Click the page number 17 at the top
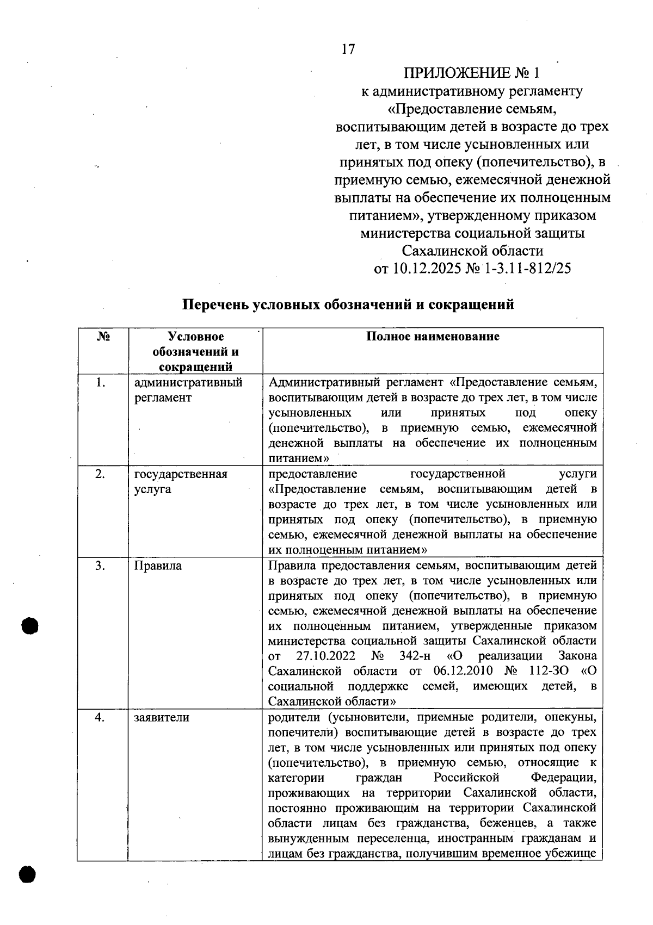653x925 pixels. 348,49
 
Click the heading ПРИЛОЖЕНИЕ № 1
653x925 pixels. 472,73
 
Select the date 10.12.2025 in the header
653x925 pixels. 423,269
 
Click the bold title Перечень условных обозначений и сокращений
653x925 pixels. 348,305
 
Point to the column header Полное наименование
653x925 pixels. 433,337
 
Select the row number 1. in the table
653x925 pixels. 100,383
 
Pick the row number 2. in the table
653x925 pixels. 100,474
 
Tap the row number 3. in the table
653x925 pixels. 100,566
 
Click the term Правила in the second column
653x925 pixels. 158,566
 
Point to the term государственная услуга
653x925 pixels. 180,481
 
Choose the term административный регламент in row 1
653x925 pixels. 188,390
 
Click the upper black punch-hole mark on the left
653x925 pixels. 30,626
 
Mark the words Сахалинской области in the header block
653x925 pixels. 472,251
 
